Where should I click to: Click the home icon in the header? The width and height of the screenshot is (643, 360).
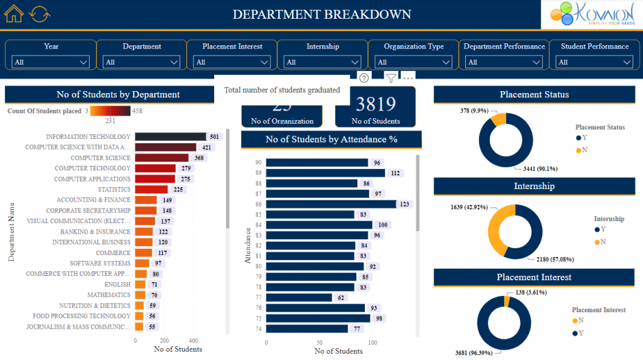[14, 14]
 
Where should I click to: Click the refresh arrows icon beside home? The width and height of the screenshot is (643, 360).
[39, 14]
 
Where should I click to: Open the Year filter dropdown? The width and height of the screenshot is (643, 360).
[51, 62]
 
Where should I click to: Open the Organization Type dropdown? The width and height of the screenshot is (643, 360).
[413, 62]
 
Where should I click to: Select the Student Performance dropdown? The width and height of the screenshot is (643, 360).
[594, 62]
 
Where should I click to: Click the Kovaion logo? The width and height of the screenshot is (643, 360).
[591, 14]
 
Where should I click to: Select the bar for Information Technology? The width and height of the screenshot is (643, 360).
[170, 137]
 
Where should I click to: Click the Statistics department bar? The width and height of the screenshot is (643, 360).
[151, 190]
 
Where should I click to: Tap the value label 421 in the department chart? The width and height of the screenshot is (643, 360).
[207, 148]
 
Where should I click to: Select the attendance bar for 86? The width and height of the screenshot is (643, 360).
[331, 204]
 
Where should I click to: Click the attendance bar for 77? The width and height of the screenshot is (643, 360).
[299, 298]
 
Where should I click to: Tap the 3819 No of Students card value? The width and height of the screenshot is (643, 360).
[376, 104]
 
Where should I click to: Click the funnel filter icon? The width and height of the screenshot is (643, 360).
[391, 78]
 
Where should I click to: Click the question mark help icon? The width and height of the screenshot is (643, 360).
[364, 78]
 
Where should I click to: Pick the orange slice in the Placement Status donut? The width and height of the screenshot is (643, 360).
[497, 119]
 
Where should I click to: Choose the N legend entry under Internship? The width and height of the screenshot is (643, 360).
[602, 242]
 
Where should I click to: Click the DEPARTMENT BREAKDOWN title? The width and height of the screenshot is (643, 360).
[321, 14]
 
